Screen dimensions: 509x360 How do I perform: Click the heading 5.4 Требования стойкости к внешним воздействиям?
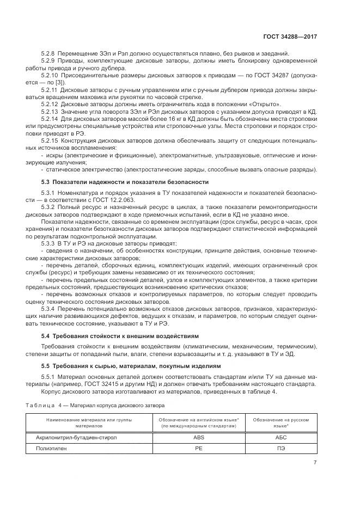[120, 336]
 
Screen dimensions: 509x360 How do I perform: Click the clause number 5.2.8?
[49, 53]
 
